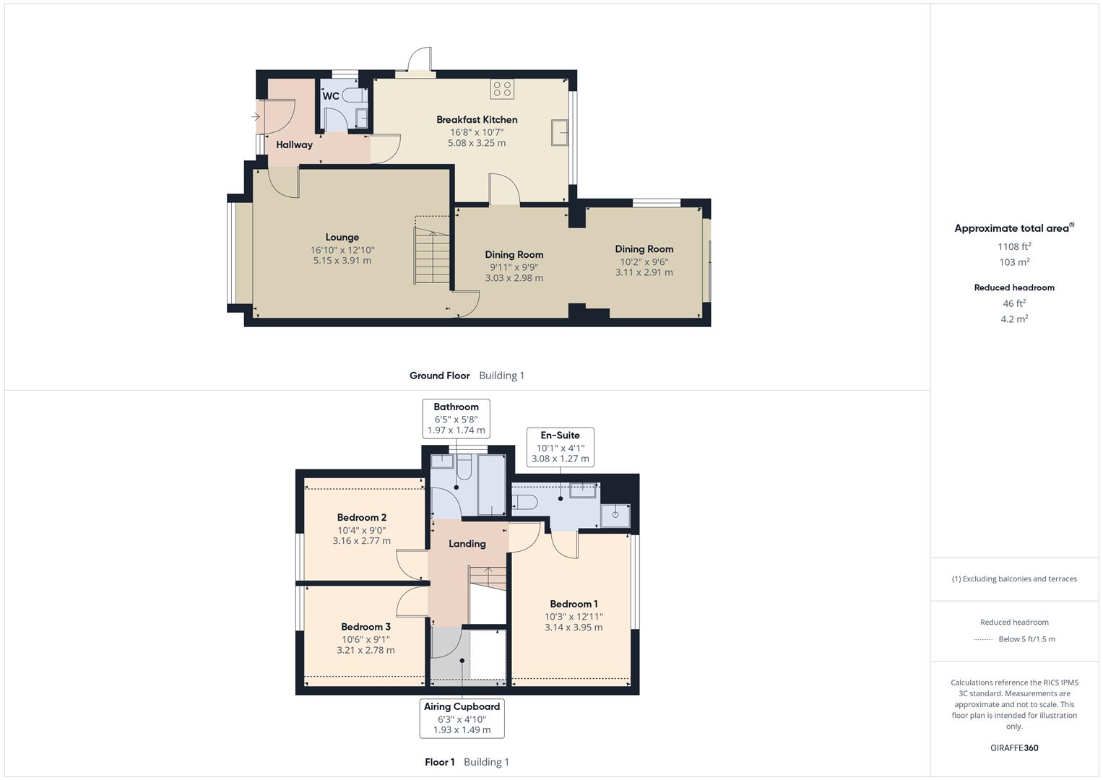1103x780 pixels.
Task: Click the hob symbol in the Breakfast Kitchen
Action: pos(502,90)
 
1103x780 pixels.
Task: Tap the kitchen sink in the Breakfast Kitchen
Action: pos(560,132)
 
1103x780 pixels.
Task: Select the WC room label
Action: pos(330,96)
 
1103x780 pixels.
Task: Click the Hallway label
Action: pos(294,144)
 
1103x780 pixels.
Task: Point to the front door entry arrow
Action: pos(255,116)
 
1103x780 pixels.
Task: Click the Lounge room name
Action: pos(342,237)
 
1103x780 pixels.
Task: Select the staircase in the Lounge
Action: pos(432,256)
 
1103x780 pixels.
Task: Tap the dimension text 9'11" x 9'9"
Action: pos(514,266)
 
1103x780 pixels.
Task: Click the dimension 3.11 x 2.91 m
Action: pos(644,272)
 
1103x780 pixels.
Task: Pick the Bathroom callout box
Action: pos(456,418)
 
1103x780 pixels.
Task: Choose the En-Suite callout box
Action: pos(560,446)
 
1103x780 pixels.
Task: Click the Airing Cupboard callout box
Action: pos(462,718)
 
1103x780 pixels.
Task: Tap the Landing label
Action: pos(467,544)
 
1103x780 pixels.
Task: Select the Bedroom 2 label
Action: pos(361,517)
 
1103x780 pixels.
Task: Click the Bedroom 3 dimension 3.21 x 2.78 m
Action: pos(365,650)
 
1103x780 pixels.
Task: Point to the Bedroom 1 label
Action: pos(574,604)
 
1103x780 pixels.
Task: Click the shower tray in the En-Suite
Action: pos(615,515)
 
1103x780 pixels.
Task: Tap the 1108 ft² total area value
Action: pos(1014,246)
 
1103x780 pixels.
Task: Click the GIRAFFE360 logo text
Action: pos(1014,747)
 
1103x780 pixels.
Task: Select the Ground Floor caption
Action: pos(439,376)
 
